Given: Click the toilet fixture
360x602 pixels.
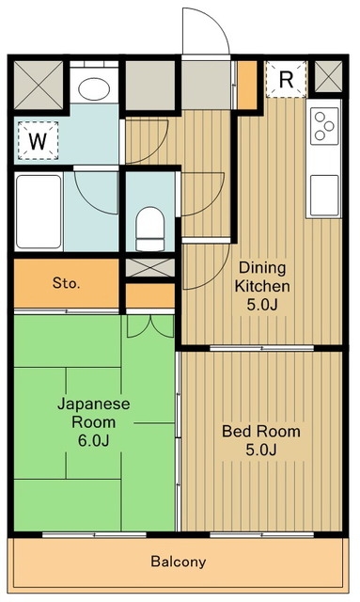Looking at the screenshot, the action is click(x=150, y=230).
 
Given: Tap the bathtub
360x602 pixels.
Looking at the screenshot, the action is click(x=39, y=212).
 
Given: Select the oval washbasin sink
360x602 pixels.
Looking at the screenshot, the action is click(x=94, y=89).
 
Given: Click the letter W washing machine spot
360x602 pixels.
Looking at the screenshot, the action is click(x=38, y=141).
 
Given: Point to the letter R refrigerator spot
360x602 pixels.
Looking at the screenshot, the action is click(x=287, y=79).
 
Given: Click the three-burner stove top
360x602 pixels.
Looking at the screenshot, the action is click(x=324, y=126).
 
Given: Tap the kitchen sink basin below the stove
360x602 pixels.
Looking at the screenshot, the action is click(x=324, y=196).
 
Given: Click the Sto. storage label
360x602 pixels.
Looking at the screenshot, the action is click(x=67, y=283).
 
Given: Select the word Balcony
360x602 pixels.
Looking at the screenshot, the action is click(x=179, y=562).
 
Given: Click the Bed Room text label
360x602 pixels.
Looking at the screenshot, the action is click(x=261, y=431).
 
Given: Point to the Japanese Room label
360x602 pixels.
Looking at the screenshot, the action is click(x=94, y=413).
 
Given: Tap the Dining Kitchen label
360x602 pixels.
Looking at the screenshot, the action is click(x=262, y=277).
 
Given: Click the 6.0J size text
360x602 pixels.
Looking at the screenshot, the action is click(x=94, y=440).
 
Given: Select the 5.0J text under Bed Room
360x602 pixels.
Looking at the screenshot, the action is click(x=261, y=450).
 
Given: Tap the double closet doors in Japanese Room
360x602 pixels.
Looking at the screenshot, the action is click(x=150, y=326).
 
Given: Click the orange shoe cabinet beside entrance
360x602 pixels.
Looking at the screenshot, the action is click(x=247, y=85).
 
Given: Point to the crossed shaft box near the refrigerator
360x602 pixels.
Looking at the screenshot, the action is click(x=328, y=76).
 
